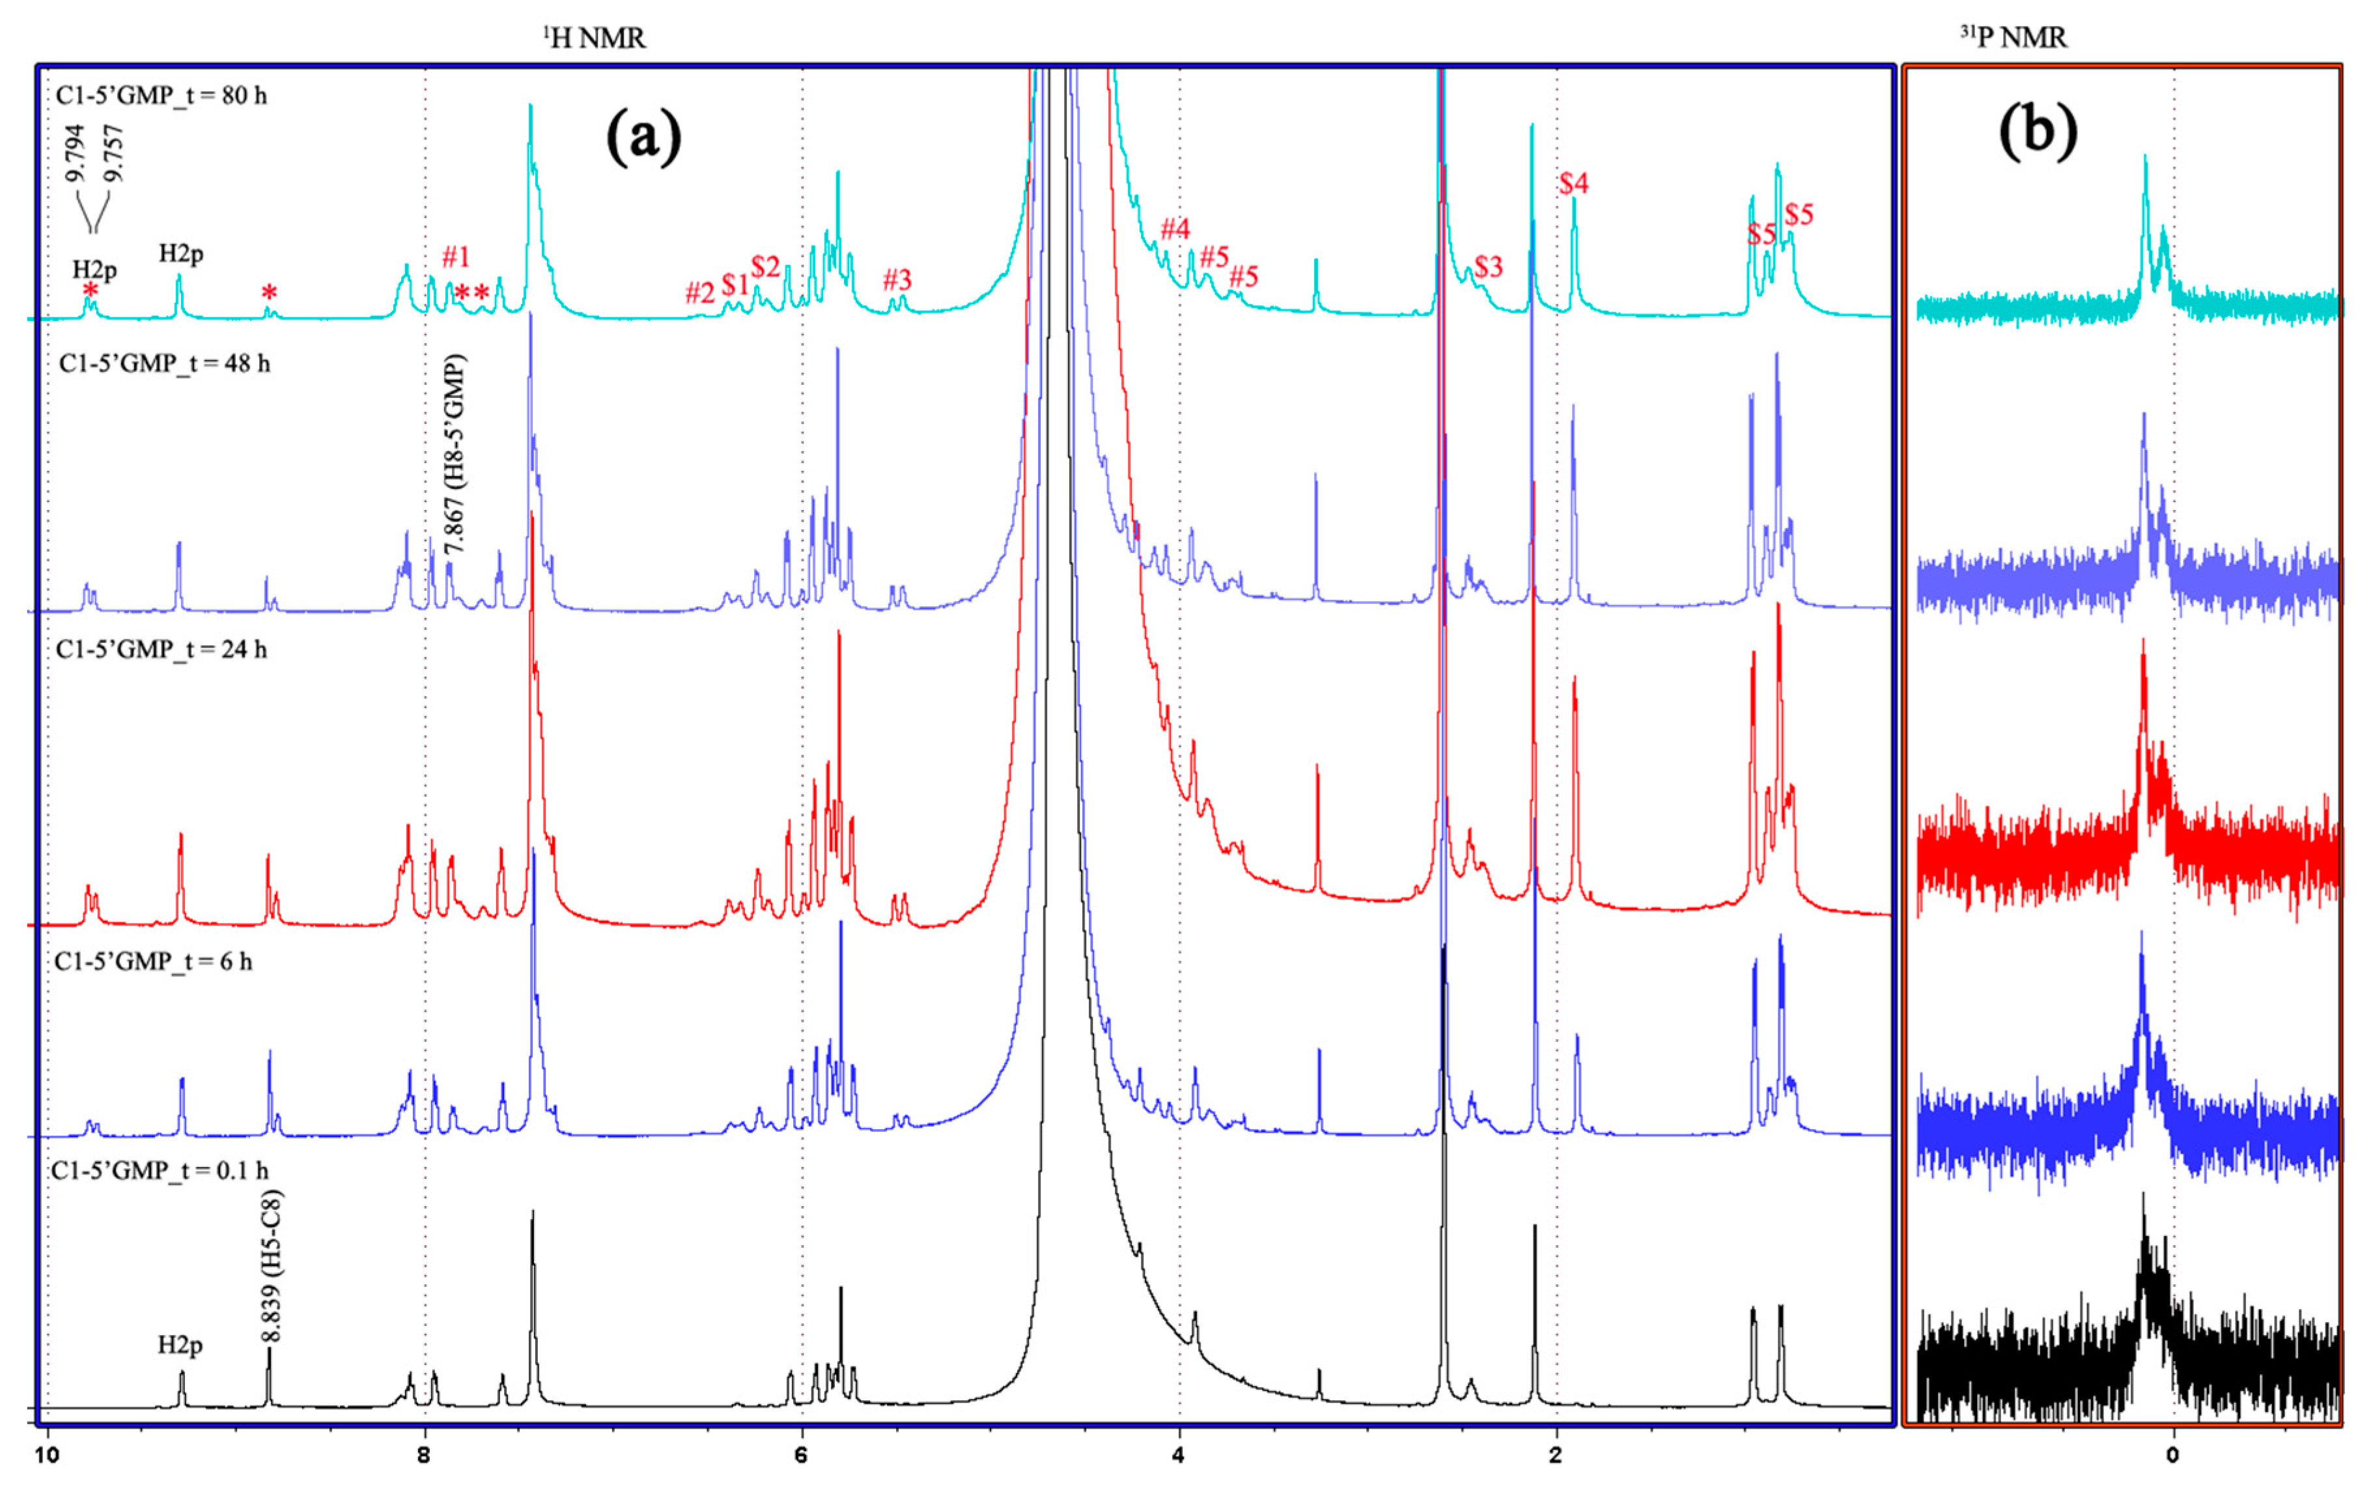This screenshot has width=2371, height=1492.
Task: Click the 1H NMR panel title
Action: point(595,37)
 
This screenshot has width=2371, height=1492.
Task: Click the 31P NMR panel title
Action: point(2013,37)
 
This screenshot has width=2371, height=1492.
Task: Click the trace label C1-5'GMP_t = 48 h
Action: point(165,363)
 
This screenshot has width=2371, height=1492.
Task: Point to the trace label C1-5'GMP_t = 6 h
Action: point(154,961)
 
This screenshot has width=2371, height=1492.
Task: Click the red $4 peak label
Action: point(1573,183)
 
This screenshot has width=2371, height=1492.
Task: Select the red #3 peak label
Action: point(897,279)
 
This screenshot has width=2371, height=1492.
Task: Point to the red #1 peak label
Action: point(455,257)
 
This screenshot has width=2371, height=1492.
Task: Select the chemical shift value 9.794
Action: point(76,152)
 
